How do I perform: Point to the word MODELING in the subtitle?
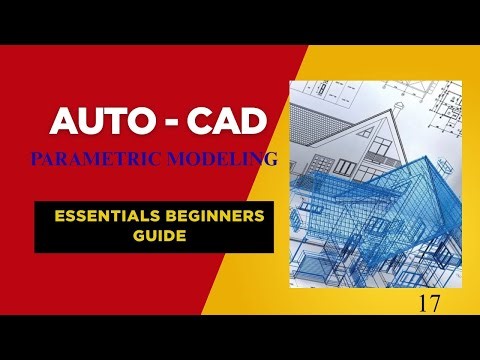click(223, 157)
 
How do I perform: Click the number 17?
click(431, 300)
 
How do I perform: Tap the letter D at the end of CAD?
click(255, 124)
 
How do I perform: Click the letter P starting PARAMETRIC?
click(37, 157)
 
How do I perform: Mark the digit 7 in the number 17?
click(436, 300)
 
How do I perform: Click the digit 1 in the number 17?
click(425, 300)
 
